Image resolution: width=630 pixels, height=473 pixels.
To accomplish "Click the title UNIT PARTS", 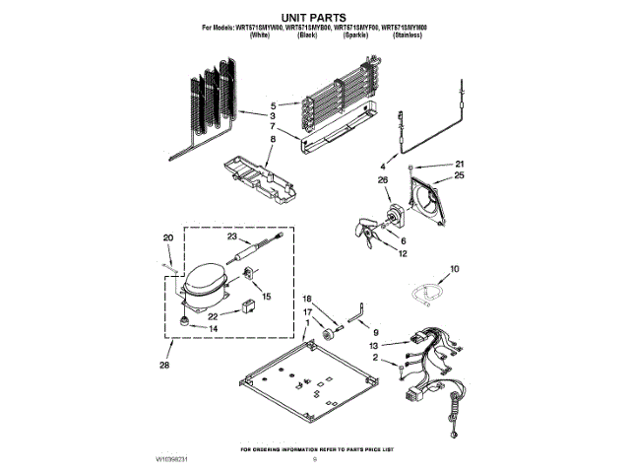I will click(315, 18).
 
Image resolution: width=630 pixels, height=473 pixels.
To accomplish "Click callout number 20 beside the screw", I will click(167, 237).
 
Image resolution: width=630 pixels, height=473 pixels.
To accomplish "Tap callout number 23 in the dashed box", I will click(232, 236).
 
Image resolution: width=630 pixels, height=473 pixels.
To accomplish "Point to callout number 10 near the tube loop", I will click(454, 268).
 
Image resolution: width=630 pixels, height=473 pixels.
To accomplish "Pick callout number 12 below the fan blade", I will click(402, 254).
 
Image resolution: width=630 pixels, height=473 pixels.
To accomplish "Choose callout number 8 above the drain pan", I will click(273, 141).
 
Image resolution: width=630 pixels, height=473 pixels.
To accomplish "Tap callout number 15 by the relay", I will click(266, 296).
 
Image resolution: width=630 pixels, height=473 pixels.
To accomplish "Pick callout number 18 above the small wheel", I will click(306, 299).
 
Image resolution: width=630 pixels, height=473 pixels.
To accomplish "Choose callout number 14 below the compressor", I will click(214, 328).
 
